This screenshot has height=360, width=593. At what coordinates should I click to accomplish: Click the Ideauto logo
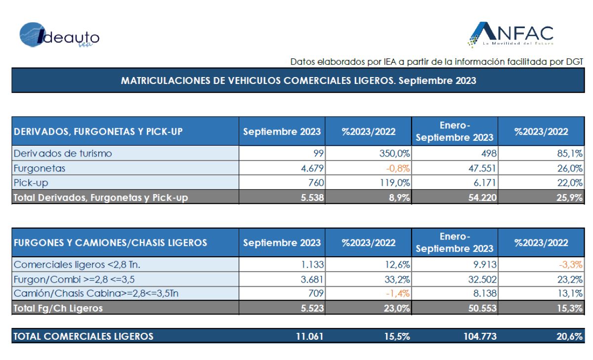[x=59, y=36]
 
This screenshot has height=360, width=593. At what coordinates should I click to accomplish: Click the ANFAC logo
[x=511, y=35]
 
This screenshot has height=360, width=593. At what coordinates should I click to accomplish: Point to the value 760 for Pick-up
[x=315, y=183]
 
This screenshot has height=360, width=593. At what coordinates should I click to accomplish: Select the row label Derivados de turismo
[x=63, y=153]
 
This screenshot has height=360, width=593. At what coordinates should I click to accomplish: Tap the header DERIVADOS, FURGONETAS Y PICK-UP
[x=98, y=132]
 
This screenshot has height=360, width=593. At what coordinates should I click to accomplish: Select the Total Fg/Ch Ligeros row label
[x=58, y=309]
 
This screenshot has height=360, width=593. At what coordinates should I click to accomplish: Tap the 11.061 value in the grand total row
[x=310, y=337]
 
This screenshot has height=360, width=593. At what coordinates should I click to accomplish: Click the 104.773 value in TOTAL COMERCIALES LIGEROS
[x=477, y=337]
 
